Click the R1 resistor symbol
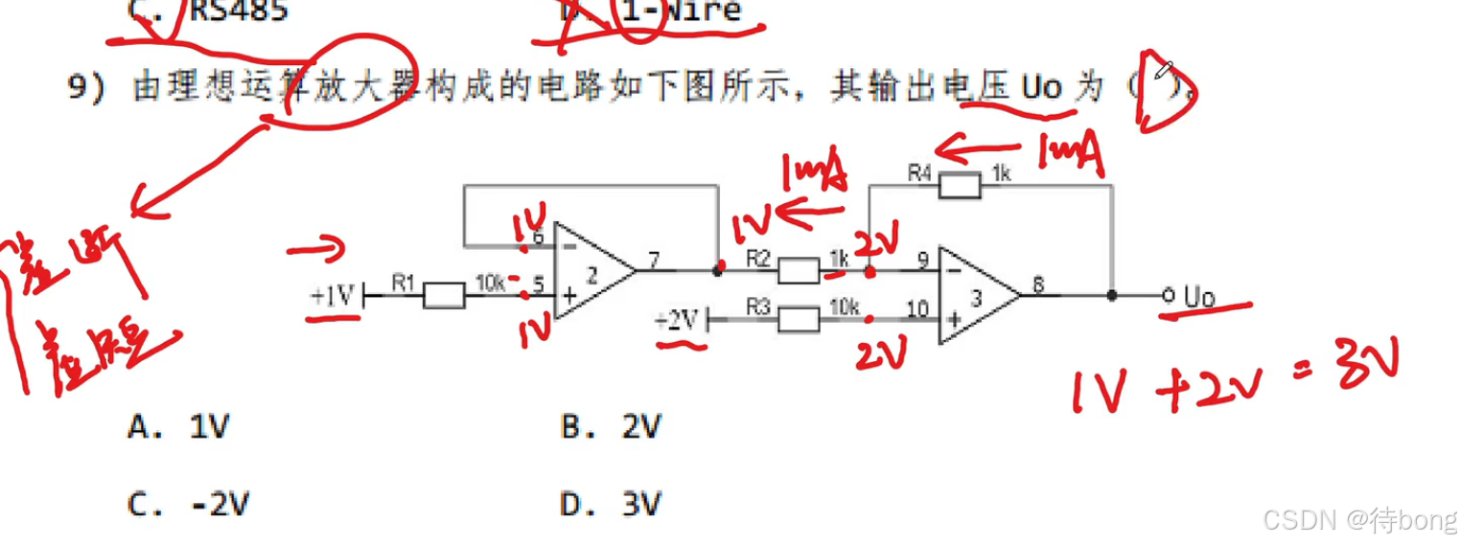[443, 296]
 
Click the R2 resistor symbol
[798, 271]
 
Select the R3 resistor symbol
[798, 319]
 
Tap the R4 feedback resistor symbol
[960, 186]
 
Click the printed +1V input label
[333, 296]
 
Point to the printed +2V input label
[678, 320]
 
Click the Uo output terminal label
[1198, 297]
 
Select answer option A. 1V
[179, 426]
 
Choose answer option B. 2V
[612, 426]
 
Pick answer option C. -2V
[191, 504]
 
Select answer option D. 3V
[612, 504]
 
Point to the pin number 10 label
[917, 307]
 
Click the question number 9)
[85, 88]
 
